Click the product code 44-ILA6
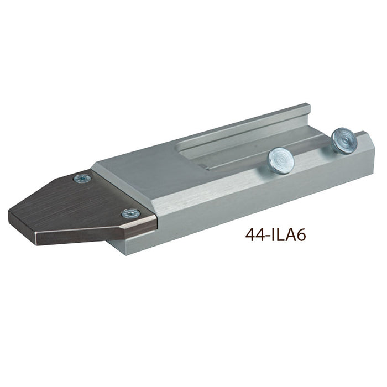[x=275, y=235]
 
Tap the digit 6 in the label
[x=300, y=235]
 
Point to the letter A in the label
[x=289, y=235]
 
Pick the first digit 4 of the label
[x=250, y=235]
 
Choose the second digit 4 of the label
[x=260, y=235]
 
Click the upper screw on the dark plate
[x=82, y=178]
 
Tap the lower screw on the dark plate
[x=131, y=213]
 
